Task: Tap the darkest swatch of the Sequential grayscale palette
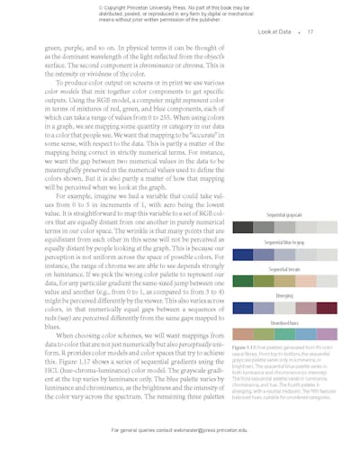coord(243,228)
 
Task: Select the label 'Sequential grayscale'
coord(284,216)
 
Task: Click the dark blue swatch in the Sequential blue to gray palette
coord(243,255)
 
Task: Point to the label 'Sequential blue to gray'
coord(284,243)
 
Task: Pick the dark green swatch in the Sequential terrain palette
coord(243,281)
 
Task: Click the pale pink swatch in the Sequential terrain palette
coord(306,281)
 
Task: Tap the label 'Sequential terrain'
coord(284,269)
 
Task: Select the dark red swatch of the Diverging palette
coord(327,308)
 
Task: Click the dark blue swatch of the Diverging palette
coord(243,308)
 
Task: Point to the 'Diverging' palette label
coord(284,295)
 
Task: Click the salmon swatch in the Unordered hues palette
coord(243,334)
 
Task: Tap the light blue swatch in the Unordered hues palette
coord(306,334)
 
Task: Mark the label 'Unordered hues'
coord(284,322)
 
